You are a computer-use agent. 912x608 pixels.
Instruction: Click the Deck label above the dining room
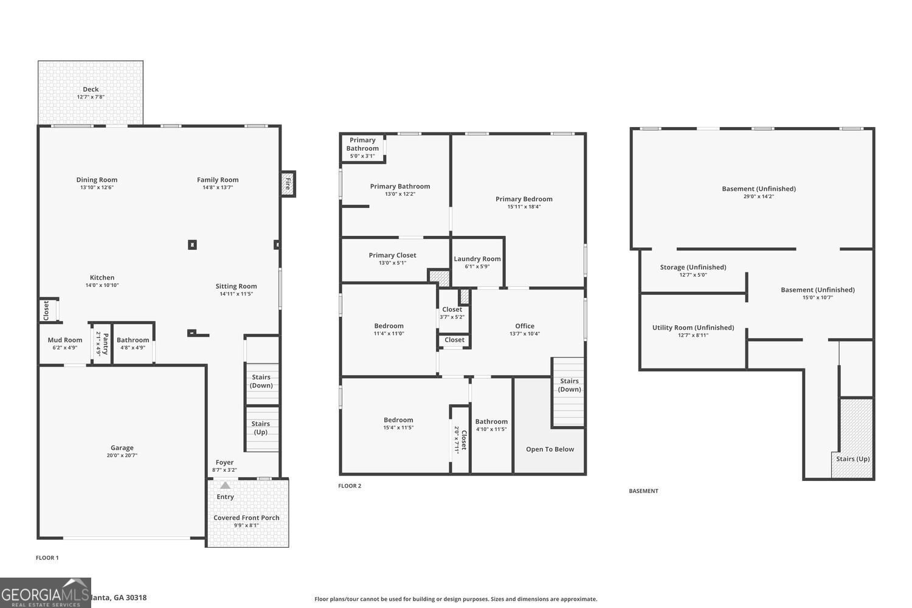click(x=91, y=89)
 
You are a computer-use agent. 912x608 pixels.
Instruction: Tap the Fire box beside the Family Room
click(x=288, y=183)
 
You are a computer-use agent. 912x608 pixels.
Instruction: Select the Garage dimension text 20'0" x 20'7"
click(x=122, y=455)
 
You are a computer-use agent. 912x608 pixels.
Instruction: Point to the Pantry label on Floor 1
click(x=105, y=344)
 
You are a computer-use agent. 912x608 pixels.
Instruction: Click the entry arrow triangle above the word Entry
click(x=226, y=485)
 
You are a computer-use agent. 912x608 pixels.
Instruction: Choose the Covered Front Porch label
click(x=246, y=518)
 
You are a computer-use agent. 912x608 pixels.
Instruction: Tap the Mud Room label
click(x=65, y=340)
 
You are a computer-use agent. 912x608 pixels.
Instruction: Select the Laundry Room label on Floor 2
click(x=477, y=259)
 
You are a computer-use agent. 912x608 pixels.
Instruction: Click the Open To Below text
click(x=550, y=449)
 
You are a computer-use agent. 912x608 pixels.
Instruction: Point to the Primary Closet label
click(x=392, y=255)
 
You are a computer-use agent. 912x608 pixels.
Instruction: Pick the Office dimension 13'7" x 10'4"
click(x=525, y=334)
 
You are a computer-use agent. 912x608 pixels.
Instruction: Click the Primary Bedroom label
click(x=523, y=199)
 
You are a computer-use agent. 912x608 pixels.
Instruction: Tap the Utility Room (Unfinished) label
click(x=693, y=328)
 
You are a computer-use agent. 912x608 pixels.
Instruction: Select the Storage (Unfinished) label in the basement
click(x=693, y=268)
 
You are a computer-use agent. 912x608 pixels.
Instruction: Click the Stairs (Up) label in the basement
click(x=852, y=459)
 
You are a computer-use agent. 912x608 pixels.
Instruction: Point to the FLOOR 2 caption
click(x=350, y=486)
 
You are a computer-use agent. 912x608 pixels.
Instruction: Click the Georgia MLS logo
click(x=46, y=593)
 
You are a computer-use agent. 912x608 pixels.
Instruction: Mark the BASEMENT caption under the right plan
click(x=643, y=491)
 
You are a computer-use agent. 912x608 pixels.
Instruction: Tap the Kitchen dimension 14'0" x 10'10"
click(x=102, y=285)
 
